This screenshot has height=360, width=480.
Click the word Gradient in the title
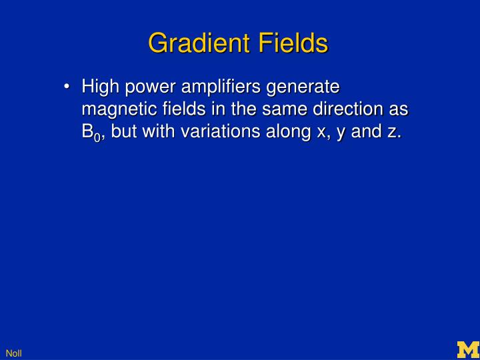click(193, 43)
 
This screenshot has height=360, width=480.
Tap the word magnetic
click(115, 109)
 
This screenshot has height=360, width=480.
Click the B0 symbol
click(91, 132)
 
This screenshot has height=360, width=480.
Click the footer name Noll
click(13, 353)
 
